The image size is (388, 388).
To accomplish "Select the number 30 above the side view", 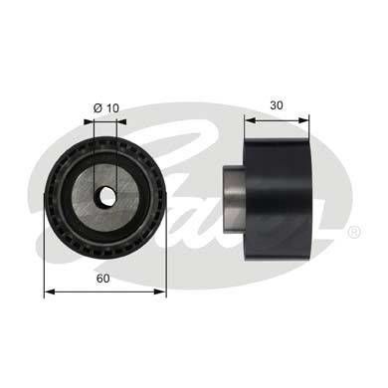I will click(277, 103).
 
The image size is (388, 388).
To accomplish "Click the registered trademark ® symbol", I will click(353, 232).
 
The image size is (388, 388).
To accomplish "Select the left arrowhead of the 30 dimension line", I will click(249, 118).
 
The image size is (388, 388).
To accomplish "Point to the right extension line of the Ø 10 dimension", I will click(117, 149).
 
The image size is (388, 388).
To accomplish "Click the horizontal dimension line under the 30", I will click(278, 118).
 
